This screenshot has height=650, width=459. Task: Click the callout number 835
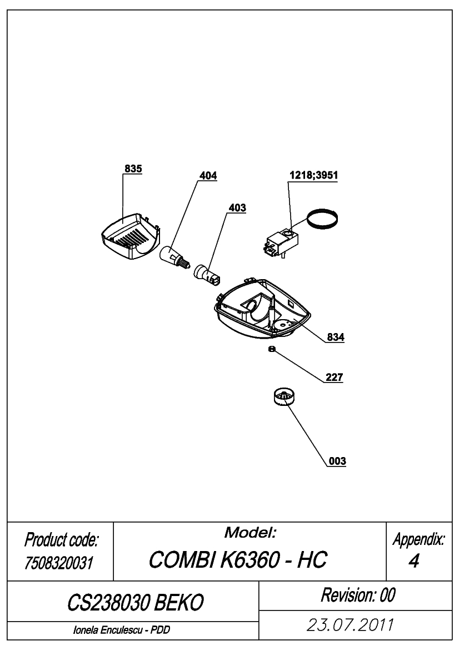click(133, 168)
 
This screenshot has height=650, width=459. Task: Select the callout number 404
click(208, 176)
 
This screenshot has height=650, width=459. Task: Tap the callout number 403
click(237, 208)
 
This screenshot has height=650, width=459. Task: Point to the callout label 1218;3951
click(313, 175)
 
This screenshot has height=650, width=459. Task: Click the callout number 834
click(336, 337)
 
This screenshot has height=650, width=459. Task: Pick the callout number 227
click(335, 377)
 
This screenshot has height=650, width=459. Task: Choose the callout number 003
click(337, 461)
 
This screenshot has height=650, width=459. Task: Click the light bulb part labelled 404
click(174, 256)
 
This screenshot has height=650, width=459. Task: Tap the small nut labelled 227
click(272, 349)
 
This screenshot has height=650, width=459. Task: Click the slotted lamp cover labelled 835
click(130, 237)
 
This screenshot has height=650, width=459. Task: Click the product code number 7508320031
click(59, 563)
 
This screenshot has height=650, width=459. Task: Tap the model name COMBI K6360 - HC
click(238, 559)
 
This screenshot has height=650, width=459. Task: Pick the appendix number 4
click(413, 561)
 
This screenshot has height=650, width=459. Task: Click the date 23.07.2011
click(350, 625)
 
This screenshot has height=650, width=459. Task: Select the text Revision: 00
click(358, 595)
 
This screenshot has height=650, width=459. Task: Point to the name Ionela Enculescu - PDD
click(121, 630)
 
